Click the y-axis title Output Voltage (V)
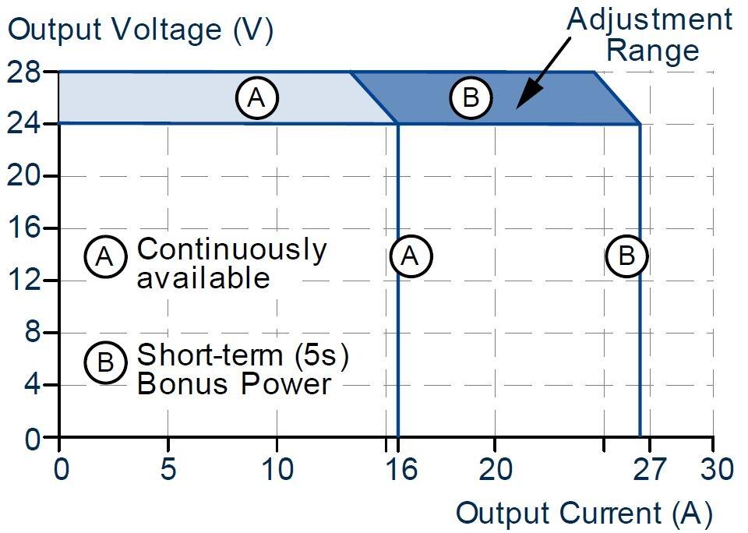(140, 30)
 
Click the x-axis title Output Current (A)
(584, 513)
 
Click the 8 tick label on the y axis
(31, 333)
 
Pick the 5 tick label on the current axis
(168, 470)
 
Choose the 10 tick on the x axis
(277, 470)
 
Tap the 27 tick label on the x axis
(648, 470)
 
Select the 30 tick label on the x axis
(714, 470)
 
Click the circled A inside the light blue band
(257, 97)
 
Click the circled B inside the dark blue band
(471, 97)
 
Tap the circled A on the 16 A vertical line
(410, 256)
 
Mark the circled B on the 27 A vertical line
(626, 256)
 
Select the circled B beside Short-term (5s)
(105, 363)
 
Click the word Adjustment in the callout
(649, 19)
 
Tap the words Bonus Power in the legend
(234, 383)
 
